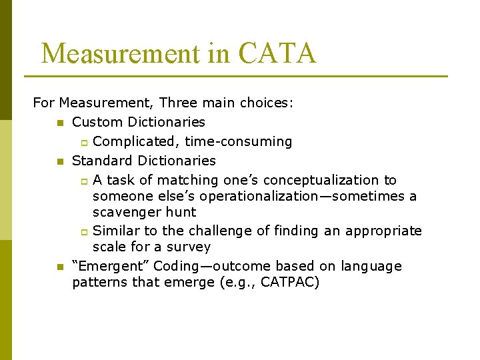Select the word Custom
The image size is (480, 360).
click(97, 123)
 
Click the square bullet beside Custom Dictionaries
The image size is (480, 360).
click(60, 123)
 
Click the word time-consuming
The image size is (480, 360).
click(238, 142)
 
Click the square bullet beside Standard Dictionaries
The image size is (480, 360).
click(60, 161)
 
